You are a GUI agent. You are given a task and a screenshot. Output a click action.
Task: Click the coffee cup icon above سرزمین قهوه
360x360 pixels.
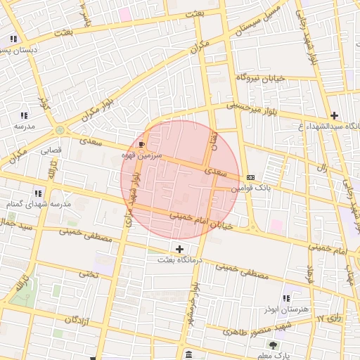(x=142, y=144)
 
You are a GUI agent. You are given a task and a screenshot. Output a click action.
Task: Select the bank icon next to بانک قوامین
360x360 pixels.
(x=251, y=177)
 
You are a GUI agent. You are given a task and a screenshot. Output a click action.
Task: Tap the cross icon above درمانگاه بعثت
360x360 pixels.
(x=180, y=249)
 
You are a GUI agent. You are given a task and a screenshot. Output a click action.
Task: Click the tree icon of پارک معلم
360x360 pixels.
(x=273, y=345)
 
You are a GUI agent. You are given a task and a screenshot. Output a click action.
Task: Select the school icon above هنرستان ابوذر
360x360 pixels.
(x=285, y=298)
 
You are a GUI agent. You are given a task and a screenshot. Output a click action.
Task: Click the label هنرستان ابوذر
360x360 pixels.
(x=285, y=309)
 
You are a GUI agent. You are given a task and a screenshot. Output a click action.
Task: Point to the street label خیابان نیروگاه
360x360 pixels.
(x=259, y=77)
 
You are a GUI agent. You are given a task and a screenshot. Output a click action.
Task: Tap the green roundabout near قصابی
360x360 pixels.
(x=60, y=130)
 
